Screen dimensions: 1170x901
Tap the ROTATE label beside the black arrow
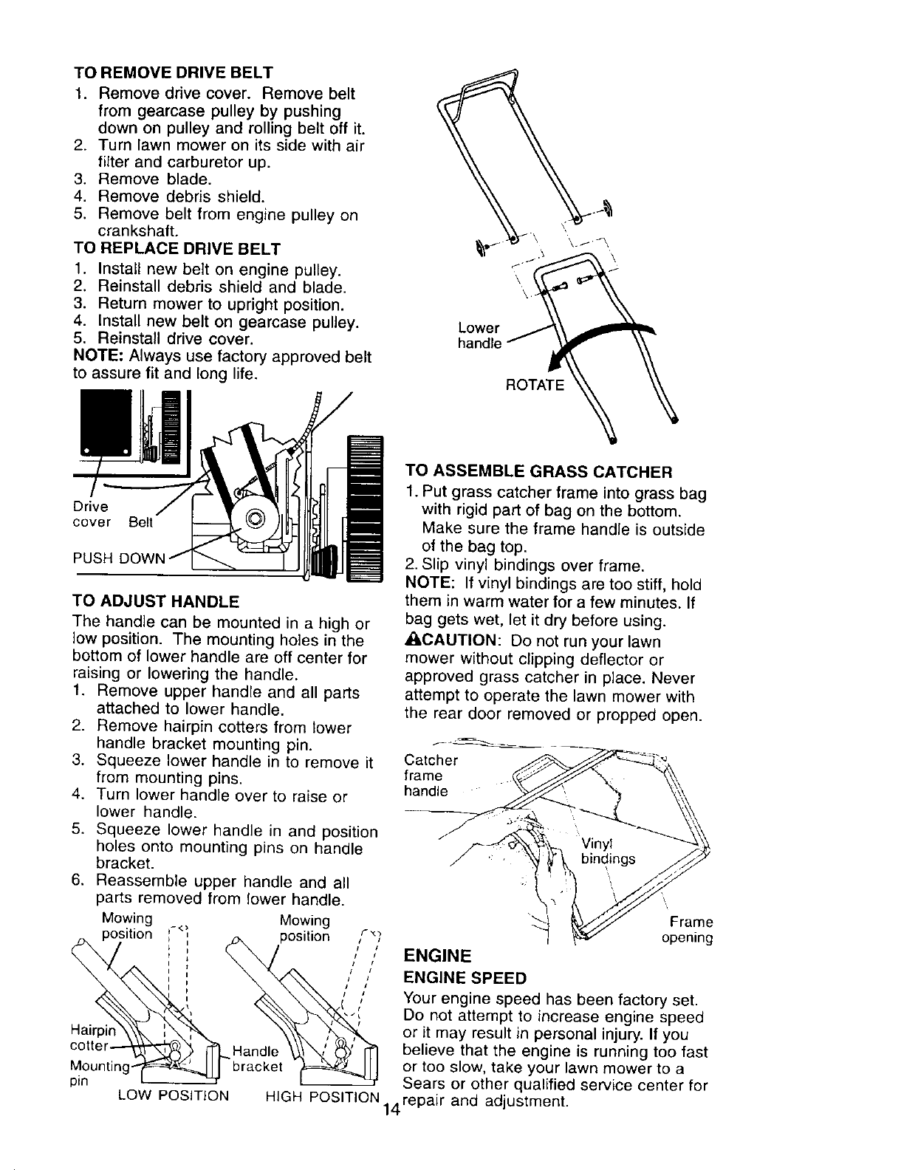535,385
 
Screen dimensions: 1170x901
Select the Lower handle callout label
479,335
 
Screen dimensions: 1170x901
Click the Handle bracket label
256,1058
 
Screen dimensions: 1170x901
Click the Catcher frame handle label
431,776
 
